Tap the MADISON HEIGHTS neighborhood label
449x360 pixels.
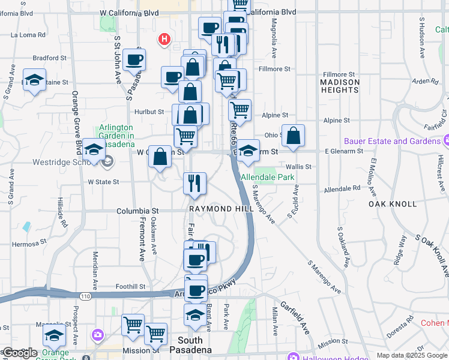click(x=340, y=86)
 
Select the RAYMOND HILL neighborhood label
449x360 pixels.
click(x=220, y=209)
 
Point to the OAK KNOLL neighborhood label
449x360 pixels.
click(x=393, y=204)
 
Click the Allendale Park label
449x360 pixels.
click(x=267, y=178)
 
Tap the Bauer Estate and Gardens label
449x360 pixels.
click(x=393, y=142)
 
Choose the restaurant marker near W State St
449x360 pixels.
click(x=194, y=183)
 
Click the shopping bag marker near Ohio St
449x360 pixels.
click(x=293, y=136)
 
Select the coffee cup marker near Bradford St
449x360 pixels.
click(x=134, y=59)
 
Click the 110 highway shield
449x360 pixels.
click(x=84, y=296)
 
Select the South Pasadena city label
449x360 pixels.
click(x=190, y=345)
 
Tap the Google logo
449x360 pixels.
click(x=19, y=353)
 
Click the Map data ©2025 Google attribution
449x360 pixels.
click(x=412, y=355)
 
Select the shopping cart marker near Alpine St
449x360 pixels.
click(x=240, y=110)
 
